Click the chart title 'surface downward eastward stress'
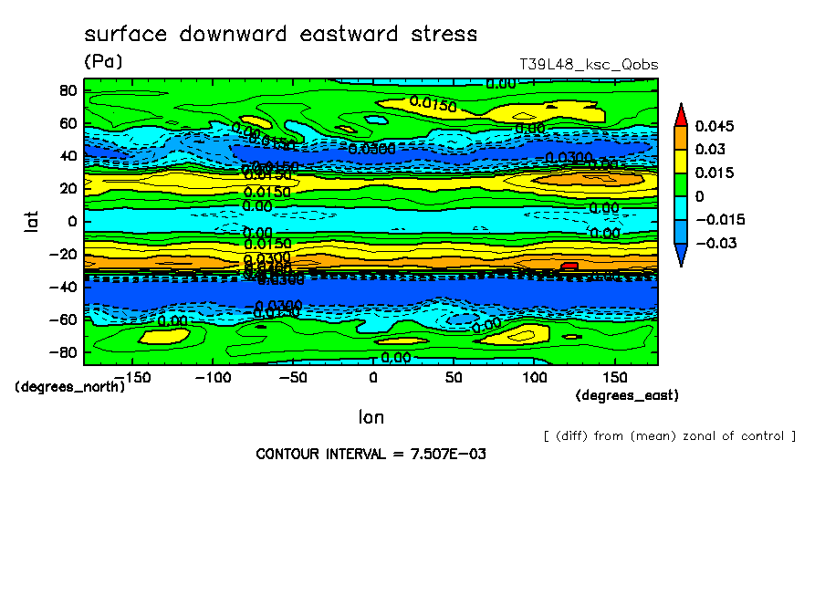coord(280,35)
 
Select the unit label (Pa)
coord(103,62)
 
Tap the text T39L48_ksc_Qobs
coord(588,65)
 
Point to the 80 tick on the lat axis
coord(67,90)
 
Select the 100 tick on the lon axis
coord(535,377)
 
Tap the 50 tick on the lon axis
coord(454,377)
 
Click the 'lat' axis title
coord(33,219)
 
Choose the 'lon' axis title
coord(371,417)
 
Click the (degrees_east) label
coord(627,395)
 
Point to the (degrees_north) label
coord(69,386)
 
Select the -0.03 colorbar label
coord(715,243)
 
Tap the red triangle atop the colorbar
coord(681,114)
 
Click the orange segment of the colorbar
coord(681,137)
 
